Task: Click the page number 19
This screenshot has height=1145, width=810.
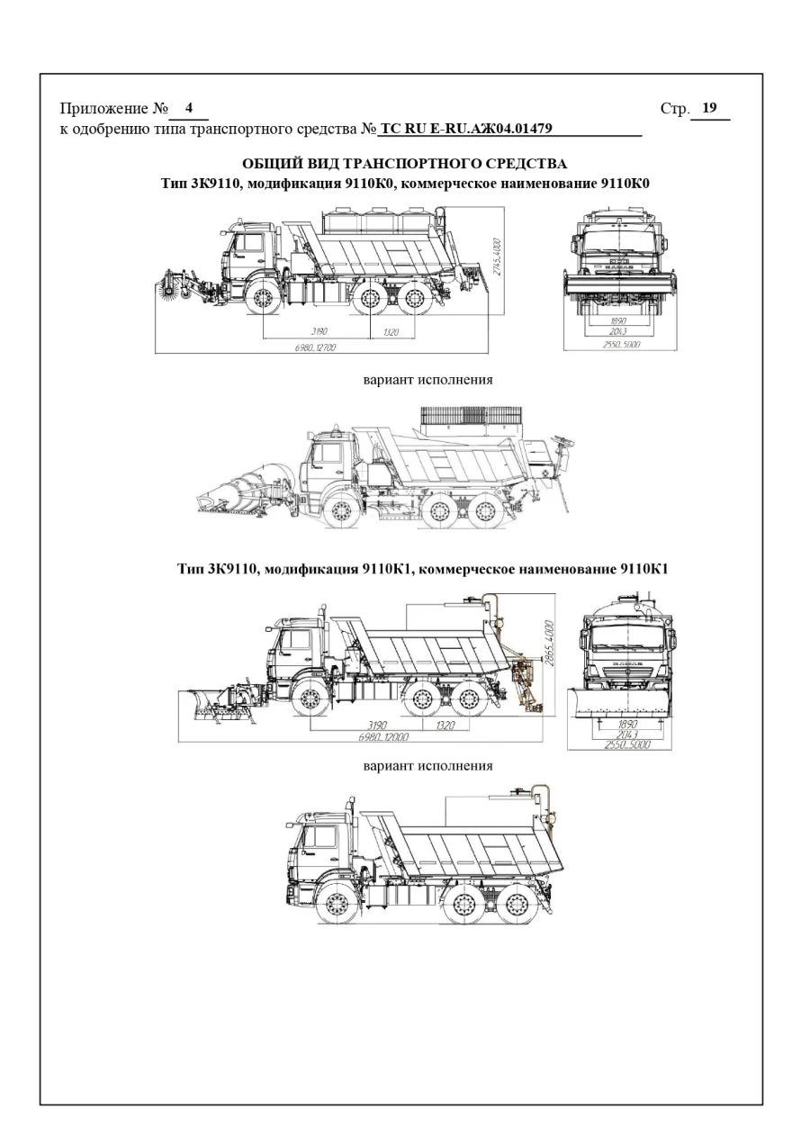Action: coord(709,109)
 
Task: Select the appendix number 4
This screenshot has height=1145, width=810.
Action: coord(189,109)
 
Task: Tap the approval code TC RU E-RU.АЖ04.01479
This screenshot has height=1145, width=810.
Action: coord(465,128)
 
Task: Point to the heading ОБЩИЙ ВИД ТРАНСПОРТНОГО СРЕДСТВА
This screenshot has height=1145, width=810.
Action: coord(404,164)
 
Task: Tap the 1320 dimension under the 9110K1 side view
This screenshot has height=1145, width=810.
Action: coord(445,725)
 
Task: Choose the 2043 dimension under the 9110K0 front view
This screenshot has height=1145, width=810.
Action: coord(618,332)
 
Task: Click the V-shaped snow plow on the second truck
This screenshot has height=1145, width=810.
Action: coord(238,491)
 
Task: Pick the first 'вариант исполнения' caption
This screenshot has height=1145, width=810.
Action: coord(427,379)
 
